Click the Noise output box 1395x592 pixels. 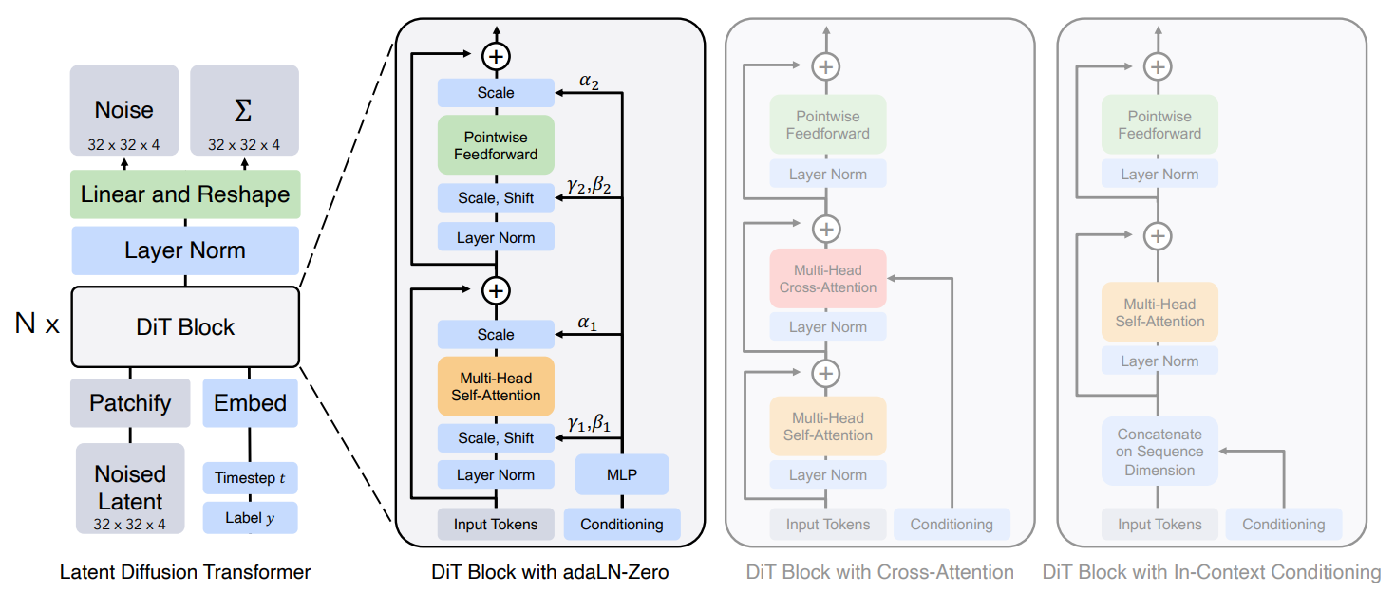click(124, 110)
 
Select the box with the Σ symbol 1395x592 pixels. click(244, 110)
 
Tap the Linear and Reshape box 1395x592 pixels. click(185, 194)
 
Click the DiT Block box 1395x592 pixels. click(185, 326)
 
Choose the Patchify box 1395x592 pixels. click(130, 403)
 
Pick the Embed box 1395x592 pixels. click(251, 403)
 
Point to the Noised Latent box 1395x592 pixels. click(130, 489)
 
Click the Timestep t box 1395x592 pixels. click(251, 477)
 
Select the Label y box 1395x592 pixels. click(251, 517)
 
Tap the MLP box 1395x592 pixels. click(622, 474)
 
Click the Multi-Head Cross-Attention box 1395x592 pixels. click(828, 279)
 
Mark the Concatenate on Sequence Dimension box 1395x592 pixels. click(1159, 452)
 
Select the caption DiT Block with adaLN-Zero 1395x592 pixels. click(550, 572)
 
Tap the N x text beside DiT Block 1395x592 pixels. click(37, 324)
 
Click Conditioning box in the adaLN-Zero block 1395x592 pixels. click(622, 525)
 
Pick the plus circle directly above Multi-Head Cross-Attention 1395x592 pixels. click(826, 229)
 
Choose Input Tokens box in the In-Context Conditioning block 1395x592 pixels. click(1159, 525)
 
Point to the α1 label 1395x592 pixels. click(587, 323)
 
